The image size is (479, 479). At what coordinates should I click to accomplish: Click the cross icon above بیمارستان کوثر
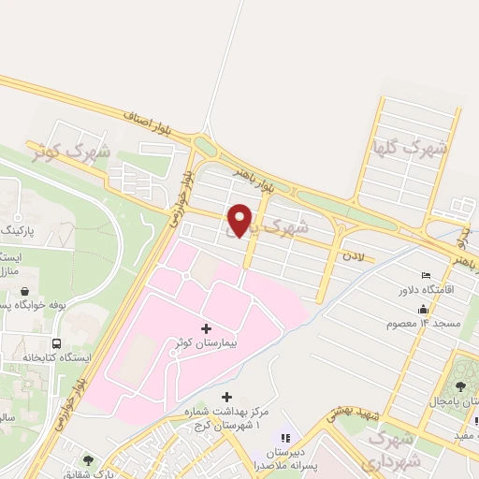point(206,328)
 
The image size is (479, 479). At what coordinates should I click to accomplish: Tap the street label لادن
point(352,254)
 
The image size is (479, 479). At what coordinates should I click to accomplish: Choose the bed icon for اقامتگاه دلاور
point(427,276)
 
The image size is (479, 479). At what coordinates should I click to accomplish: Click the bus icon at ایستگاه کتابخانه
point(58,343)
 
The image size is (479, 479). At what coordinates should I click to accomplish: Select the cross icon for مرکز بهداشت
point(225,398)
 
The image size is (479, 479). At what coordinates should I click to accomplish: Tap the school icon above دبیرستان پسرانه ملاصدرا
point(285,436)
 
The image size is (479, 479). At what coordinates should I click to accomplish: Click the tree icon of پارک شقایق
point(88,459)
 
